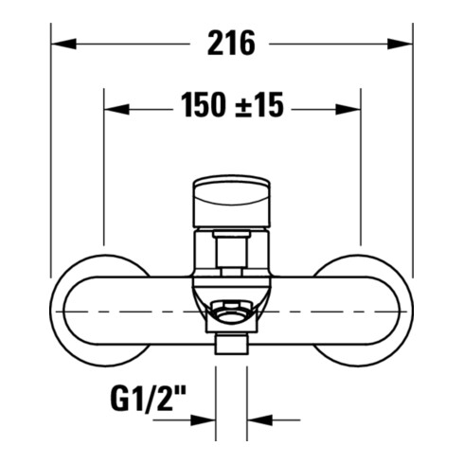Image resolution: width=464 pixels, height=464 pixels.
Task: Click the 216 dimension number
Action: point(231,44)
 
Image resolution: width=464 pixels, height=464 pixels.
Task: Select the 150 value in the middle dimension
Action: point(204,105)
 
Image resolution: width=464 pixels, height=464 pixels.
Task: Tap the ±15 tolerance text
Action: point(259,105)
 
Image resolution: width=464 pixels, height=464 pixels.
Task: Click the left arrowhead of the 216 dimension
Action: point(63,44)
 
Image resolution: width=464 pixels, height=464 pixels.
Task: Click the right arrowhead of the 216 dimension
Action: point(400,44)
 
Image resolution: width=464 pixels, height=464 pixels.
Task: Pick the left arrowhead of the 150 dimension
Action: point(116,110)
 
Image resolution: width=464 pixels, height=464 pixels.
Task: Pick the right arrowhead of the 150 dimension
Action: point(348,110)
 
